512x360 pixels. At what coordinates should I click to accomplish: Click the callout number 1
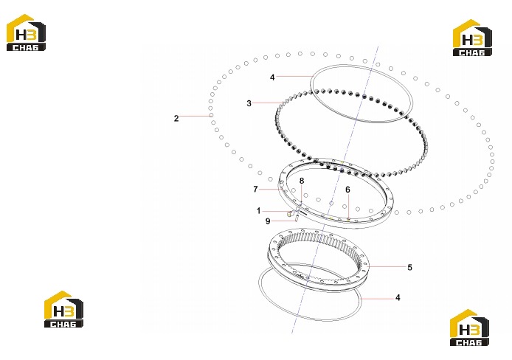pos(259,211)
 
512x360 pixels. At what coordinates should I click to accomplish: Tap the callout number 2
pos(176,118)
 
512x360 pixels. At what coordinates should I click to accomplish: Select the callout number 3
pos(249,103)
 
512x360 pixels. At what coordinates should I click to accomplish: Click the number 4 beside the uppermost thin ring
pos(272,77)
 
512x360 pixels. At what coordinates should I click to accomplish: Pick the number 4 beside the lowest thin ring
pos(398,297)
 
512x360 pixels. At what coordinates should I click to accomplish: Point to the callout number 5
pos(409,267)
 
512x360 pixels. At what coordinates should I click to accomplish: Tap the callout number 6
pos(347,190)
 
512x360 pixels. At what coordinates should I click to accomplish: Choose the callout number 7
pos(255,189)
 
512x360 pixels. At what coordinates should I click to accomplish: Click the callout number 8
pos(302,181)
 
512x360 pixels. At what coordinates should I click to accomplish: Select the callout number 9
pos(268,221)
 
